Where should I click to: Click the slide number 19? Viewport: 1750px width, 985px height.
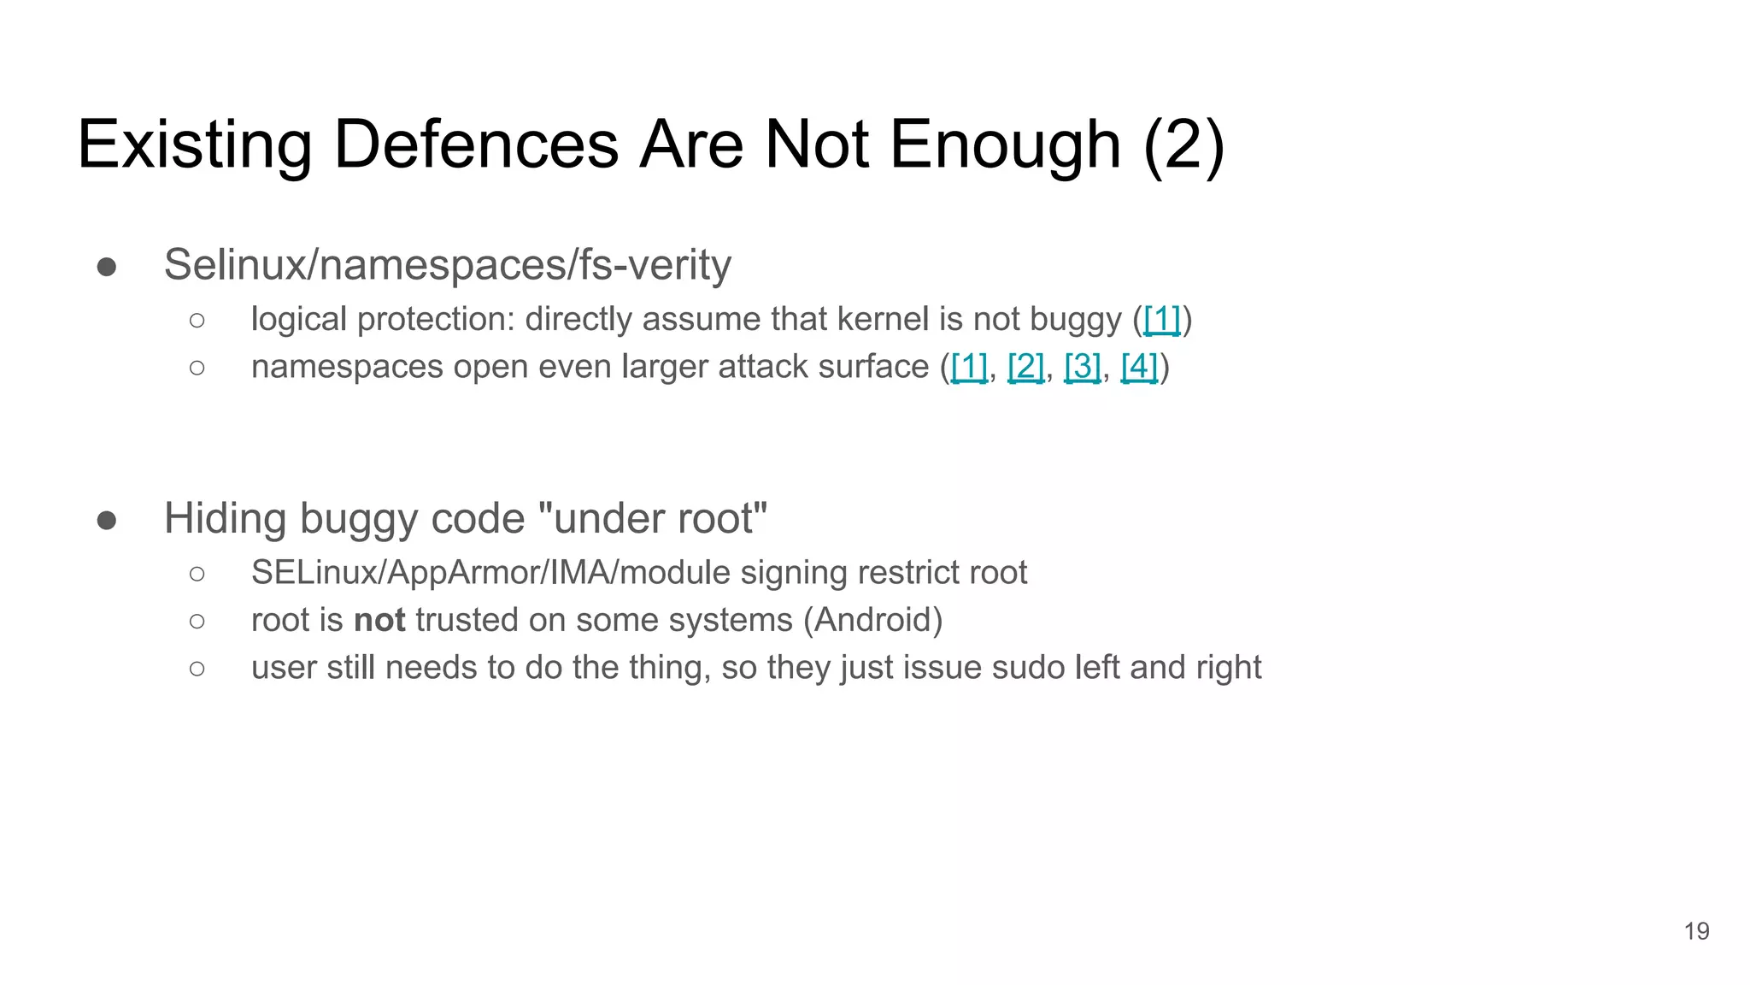(1696, 931)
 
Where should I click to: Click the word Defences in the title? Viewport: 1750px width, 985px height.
(476, 145)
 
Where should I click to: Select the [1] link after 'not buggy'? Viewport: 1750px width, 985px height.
(1161, 320)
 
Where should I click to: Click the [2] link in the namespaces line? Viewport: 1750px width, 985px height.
(1025, 367)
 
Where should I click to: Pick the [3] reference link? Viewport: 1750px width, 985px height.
(1082, 367)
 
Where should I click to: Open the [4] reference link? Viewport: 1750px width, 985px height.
(1139, 367)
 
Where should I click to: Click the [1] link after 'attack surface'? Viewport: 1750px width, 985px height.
(969, 367)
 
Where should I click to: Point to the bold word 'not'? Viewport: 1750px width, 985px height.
(379, 620)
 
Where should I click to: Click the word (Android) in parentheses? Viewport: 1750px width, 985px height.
(872, 620)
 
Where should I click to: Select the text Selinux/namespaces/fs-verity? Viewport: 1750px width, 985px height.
(447, 264)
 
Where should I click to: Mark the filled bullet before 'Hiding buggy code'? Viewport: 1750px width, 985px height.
(107, 520)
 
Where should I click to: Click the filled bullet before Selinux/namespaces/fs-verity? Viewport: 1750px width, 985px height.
(107, 267)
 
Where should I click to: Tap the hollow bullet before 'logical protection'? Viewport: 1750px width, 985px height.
(197, 321)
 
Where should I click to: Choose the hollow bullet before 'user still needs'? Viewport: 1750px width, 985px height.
(197, 669)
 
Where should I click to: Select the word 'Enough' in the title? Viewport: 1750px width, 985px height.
(1005, 145)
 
